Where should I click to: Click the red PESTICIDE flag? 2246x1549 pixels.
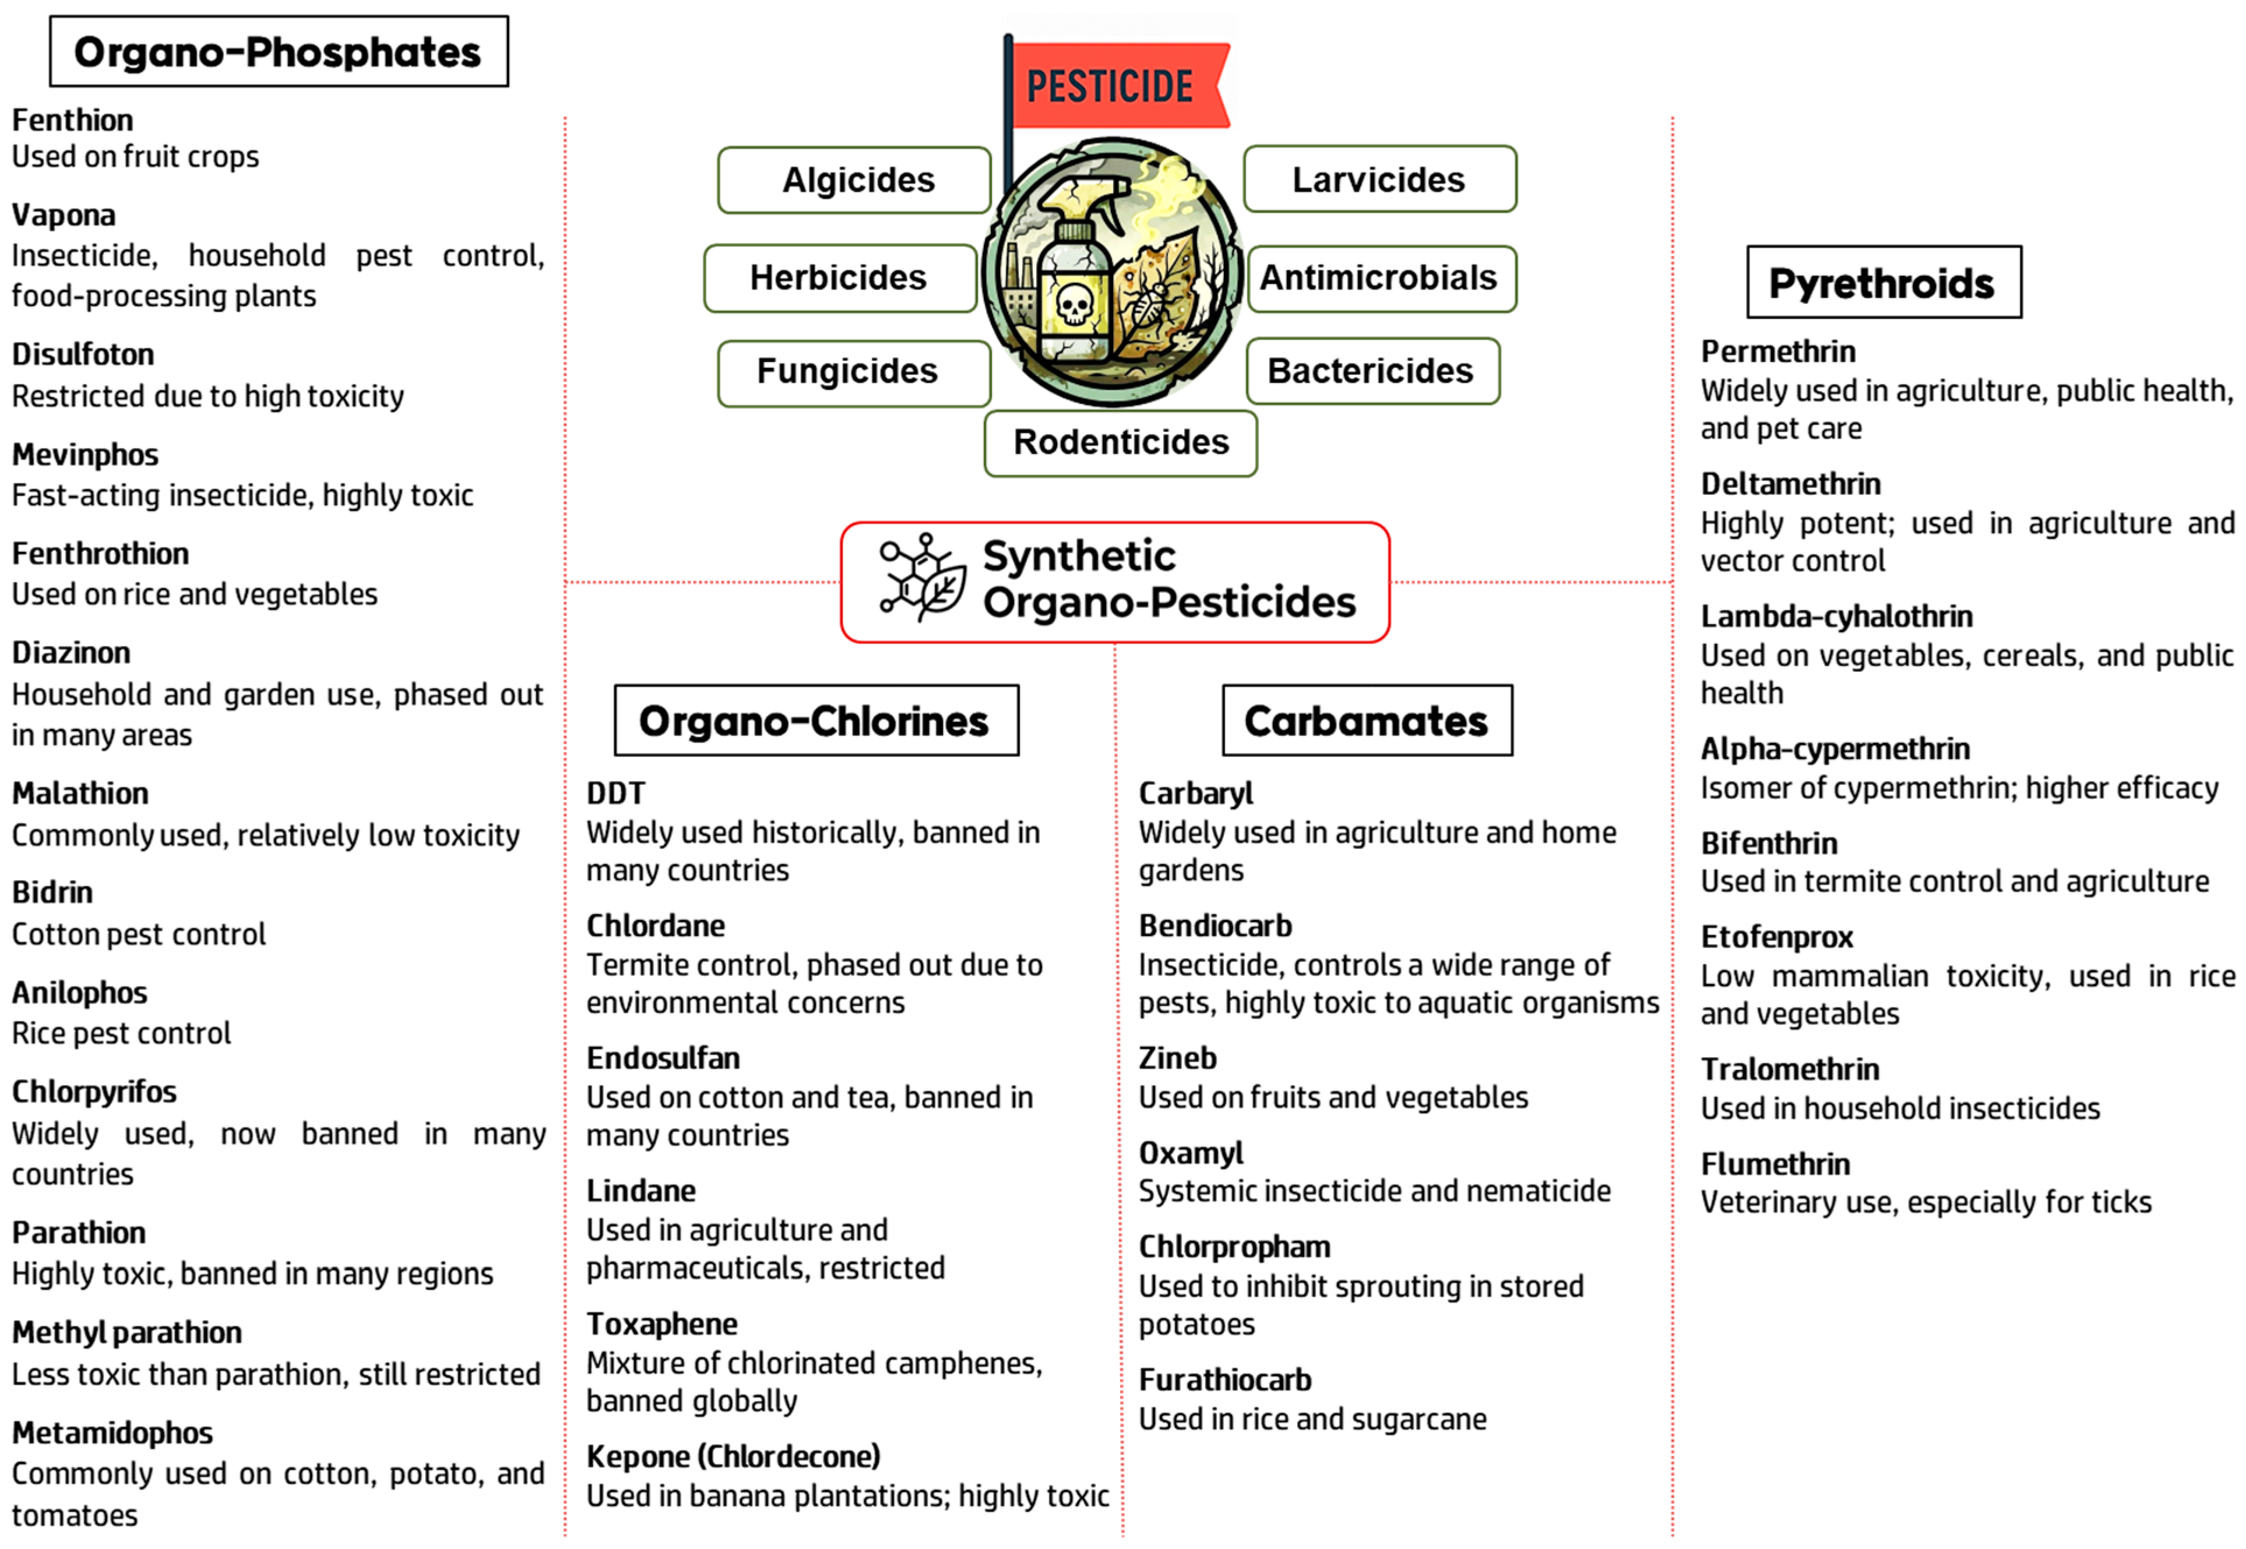[x=1116, y=86]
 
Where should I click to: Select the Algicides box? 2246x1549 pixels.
[x=854, y=181]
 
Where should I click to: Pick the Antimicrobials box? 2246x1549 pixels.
[x=1381, y=279]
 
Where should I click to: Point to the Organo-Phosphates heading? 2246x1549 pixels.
[x=279, y=51]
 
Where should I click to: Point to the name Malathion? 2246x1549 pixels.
[x=80, y=794]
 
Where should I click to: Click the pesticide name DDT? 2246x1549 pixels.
[x=615, y=794]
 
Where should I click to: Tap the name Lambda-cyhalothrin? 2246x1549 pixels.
[x=1836, y=617]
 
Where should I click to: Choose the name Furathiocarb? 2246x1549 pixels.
[x=1225, y=1380]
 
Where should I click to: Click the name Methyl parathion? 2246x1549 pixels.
[x=127, y=1333]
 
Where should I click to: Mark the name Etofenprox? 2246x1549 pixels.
[x=1776, y=938]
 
